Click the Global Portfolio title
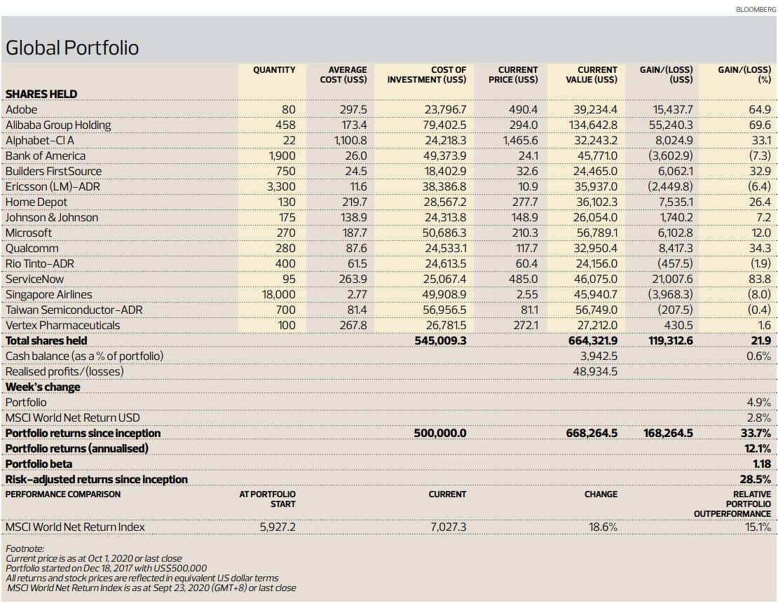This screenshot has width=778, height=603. point(72,48)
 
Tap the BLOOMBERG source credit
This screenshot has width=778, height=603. point(756,9)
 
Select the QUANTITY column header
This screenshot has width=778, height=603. point(274,70)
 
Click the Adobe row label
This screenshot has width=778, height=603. point(21,109)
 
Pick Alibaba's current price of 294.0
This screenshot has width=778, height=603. point(524,125)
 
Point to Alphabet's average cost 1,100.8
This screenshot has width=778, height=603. point(350,140)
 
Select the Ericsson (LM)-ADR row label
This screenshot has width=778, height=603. point(53,187)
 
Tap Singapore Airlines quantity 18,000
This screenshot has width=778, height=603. point(278,295)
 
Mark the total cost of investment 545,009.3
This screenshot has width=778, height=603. point(440,340)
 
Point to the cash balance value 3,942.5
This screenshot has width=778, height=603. point(599,356)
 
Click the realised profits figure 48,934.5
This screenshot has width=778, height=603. point(595,371)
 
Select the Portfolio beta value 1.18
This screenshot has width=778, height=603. point(762,464)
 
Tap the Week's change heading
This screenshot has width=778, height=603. point(43,387)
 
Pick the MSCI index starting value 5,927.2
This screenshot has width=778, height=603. point(278,527)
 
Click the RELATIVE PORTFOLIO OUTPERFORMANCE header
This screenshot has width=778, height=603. point(732,504)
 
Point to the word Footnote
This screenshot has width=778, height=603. point(25,548)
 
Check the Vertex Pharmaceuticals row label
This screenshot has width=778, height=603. point(62,325)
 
